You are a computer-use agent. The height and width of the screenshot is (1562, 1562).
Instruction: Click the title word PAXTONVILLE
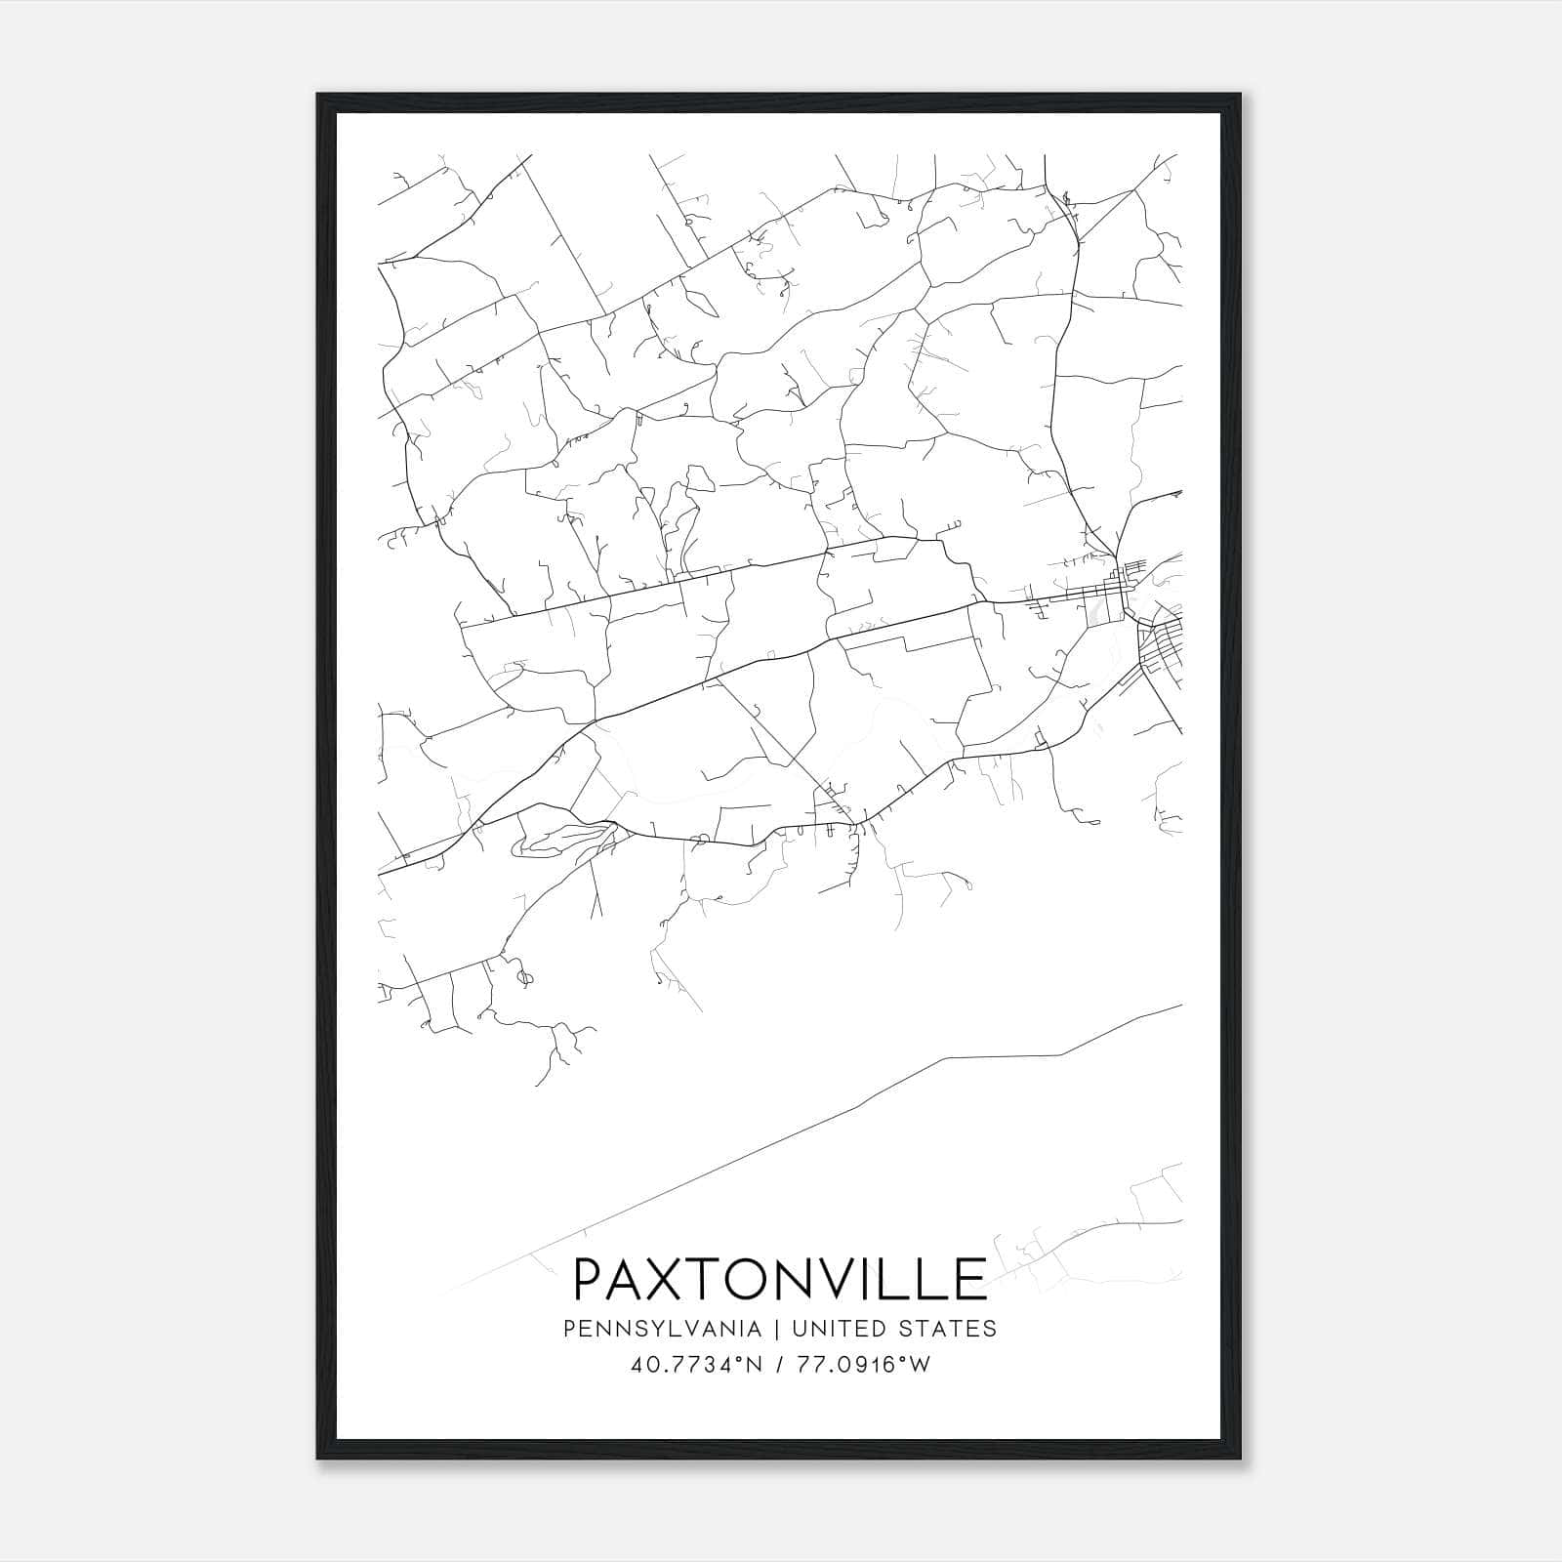779,1279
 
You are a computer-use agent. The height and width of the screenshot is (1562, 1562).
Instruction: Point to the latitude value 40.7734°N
696,1365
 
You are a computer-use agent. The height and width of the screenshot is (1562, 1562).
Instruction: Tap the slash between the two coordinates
780,1365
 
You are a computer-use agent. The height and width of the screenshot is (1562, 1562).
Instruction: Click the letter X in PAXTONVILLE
683,1279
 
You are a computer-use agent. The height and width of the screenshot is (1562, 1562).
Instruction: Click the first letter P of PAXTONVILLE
590,1279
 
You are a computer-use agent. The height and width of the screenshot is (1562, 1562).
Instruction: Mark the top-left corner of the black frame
318,95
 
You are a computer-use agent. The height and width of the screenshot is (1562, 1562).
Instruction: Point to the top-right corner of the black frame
1241,95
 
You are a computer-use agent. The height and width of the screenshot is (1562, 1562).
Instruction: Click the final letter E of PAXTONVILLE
970,1279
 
